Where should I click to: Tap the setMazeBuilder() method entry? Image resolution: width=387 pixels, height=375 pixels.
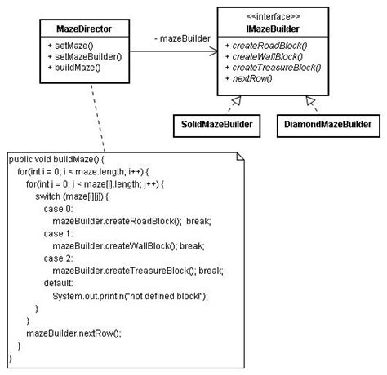tap(85, 56)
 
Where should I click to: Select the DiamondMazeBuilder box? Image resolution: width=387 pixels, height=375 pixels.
tap(328, 125)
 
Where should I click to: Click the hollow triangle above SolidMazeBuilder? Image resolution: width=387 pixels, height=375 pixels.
tap(235, 100)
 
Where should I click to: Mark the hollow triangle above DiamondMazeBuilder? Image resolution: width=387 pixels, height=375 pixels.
tap(310, 100)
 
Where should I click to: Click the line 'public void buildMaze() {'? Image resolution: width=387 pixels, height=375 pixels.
tap(57, 160)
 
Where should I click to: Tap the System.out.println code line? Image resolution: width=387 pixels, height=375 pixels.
tap(131, 296)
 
